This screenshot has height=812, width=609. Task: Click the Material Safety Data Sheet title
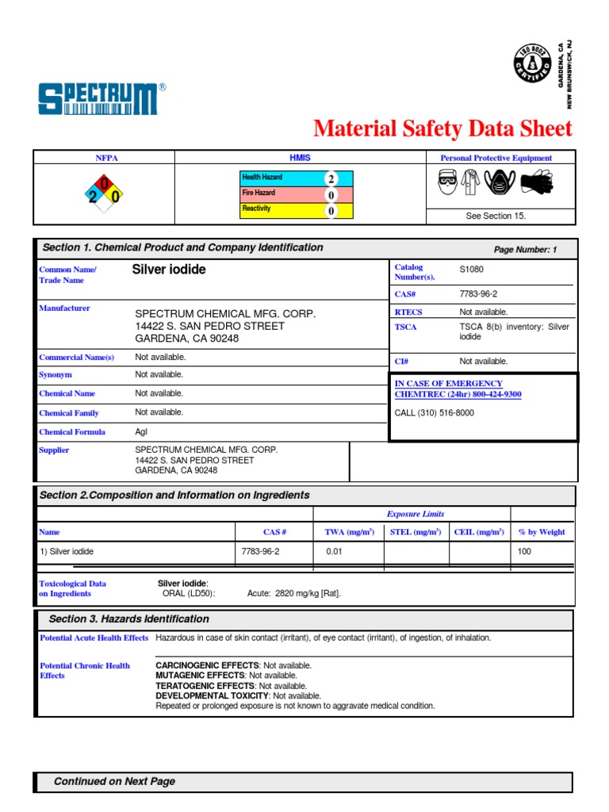coord(442,128)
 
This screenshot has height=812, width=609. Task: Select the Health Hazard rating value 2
coord(331,178)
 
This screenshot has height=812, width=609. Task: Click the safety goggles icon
coord(448,183)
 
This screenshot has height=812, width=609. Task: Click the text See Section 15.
coord(496,216)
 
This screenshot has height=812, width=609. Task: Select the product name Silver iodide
coord(169,270)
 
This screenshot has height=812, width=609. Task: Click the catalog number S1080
coord(471,270)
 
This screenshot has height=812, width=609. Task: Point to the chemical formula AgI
coord(142,432)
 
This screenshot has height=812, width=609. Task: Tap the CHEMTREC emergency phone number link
coord(458,394)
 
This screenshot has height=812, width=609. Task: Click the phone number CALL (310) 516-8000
coord(435,412)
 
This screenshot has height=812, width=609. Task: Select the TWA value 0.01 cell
coord(334,551)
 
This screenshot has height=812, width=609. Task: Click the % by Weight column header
coord(542,532)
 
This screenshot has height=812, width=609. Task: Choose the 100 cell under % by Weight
coord(525,551)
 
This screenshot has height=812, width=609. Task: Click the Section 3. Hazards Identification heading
coord(129,619)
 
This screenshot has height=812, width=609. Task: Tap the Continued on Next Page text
coord(114,782)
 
